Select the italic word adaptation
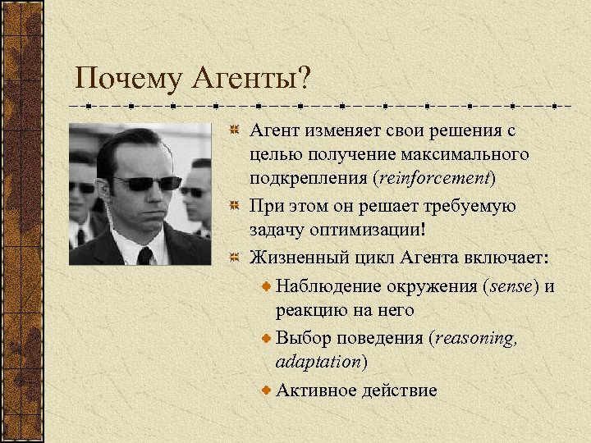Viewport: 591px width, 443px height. pyautogui.click(x=318, y=361)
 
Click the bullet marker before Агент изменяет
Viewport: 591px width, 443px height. pyautogui.click(x=234, y=130)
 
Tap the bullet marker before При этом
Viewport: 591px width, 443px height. pyautogui.click(x=234, y=205)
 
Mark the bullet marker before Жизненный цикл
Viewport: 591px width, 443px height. pyautogui.click(x=234, y=258)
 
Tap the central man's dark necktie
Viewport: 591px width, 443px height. pyautogui.click(x=144, y=255)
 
